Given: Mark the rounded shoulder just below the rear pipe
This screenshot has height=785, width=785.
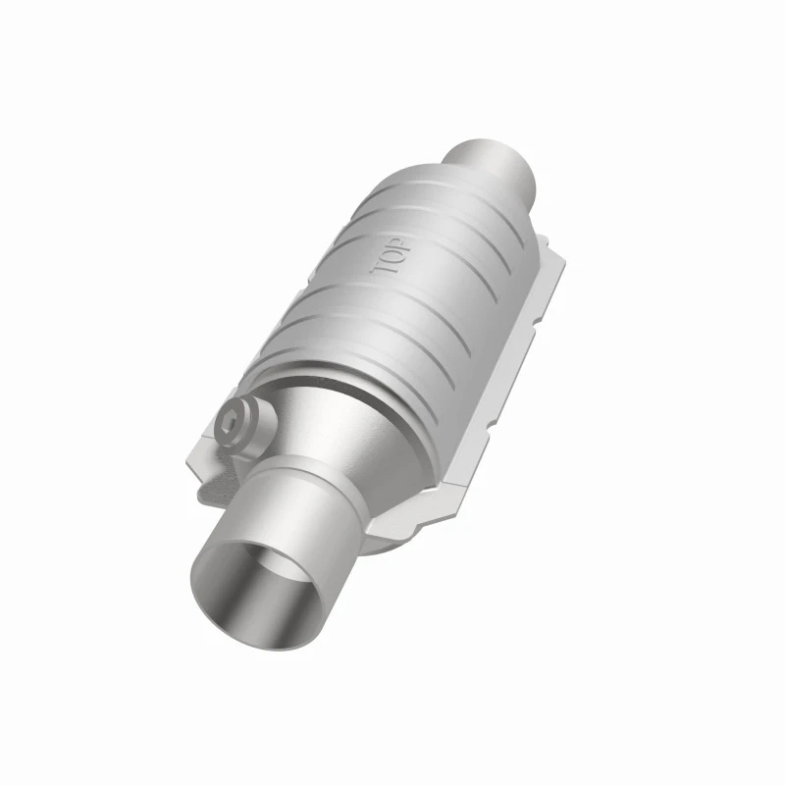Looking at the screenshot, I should [x=491, y=211].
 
